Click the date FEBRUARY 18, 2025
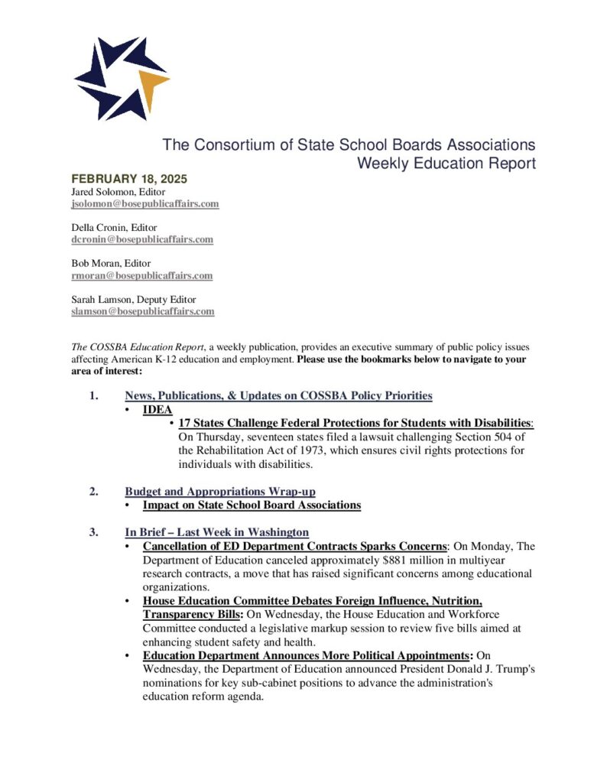pos(129,179)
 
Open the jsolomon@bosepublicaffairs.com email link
pos(145,204)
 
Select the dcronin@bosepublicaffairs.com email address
pos(142,239)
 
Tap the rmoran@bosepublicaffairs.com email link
pos(141,275)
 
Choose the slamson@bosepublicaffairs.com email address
pos(143,311)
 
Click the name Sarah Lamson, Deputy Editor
pos(133,299)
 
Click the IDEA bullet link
pos(157,410)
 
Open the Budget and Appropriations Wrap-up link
pos(220,491)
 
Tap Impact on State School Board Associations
pos(252,505)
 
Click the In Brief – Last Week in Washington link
pos(216,532)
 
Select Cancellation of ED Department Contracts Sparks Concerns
pos(294,546)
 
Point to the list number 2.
pos(93,491)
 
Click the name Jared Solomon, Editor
pos(118,192)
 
